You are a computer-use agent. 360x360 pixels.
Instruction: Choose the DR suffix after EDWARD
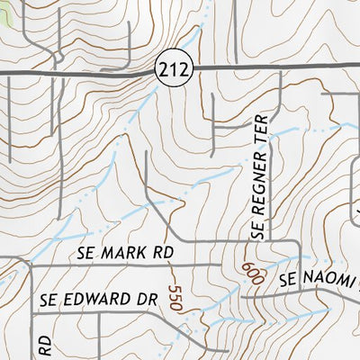click(148, 298)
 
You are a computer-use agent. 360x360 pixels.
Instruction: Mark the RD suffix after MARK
click(162, 254)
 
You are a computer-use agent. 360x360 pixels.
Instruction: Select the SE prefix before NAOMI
click(288, 282)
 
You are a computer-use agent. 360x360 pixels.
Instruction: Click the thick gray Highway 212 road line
click(90, 69)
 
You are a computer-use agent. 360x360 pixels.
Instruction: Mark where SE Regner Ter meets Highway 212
click(282, 69)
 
